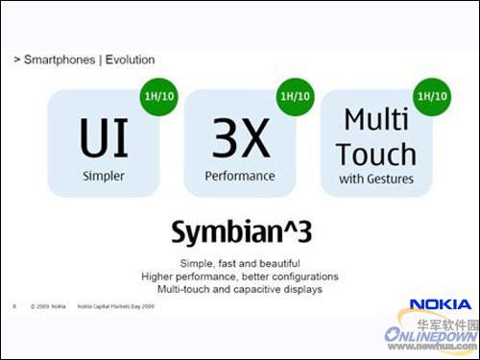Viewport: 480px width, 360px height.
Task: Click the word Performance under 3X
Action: (240, 176)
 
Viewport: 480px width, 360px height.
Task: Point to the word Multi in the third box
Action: (376, 121)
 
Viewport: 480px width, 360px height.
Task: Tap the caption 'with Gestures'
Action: (376, 180)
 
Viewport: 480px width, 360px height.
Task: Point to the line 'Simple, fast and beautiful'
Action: (240, 263)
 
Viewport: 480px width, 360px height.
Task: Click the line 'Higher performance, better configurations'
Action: (240, 276)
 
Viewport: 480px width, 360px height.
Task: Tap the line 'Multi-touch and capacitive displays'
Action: (240, 288)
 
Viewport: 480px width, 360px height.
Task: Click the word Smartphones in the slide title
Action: (56, 60)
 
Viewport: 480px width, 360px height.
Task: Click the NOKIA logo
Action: (440, 305)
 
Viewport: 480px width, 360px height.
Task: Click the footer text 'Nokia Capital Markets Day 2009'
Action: (118, 307)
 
